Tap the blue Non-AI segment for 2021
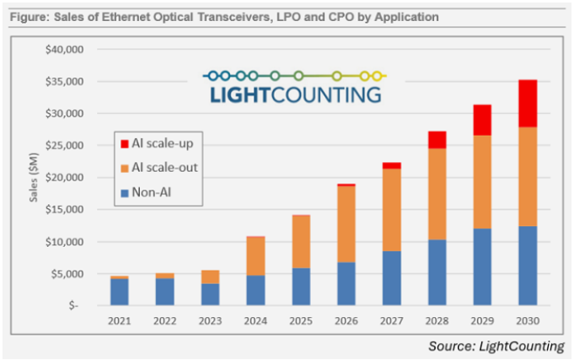pyautogui.click(x=119, y=292)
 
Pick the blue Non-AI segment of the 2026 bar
pyautogui.click(x=346, y=284)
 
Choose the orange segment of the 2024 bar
pyautogui.click(x=255, y=256)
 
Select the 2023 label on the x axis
pyautogui.click(x=210, y=320)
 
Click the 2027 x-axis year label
pyautogui.click(x=390, y=320)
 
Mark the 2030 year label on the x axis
pyautogui.click(x=527, y=320)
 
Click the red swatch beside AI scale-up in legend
pyautogui.click(x=124, y=144)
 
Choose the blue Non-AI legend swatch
pyautogui.click(x=124, y=191)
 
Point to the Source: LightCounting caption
pyautogui.click(x=496, y=344)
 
